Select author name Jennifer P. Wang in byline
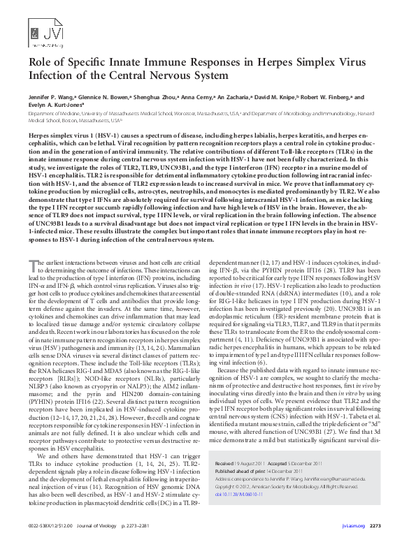(x=50, y=99)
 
